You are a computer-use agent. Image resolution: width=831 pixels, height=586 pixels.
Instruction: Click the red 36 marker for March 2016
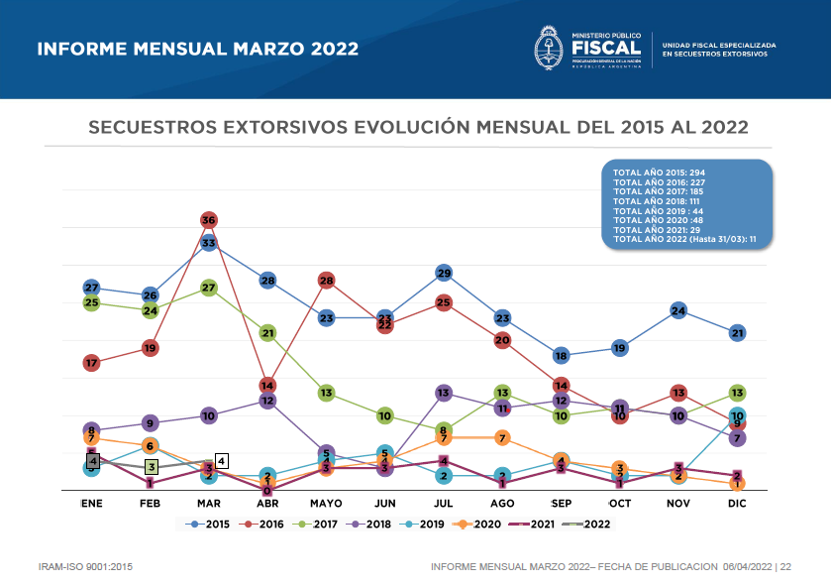(x=209, y=219)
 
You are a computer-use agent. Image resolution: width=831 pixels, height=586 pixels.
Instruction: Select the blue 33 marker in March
(x=209, y=242)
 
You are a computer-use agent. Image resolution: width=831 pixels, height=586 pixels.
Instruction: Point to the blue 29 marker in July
(x=444, y=273)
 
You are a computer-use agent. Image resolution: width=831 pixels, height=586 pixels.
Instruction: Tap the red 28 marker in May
(x=327, y=281)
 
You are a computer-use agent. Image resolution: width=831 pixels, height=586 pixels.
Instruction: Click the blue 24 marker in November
(x=678, y=311)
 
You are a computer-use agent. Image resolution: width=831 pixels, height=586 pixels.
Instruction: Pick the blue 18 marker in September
(x=561, y=356)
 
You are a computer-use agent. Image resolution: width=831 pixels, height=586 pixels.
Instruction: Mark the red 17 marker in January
(x=91, y=363)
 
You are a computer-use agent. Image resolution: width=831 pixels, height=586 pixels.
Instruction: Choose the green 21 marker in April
(x=267, y=333)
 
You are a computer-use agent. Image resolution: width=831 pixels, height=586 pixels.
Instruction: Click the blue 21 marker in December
(x=737, y=333)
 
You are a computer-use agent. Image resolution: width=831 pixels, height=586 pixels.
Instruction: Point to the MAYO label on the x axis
(x=326, y=504)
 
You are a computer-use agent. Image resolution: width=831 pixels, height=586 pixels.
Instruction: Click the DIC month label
(x=737, y=504)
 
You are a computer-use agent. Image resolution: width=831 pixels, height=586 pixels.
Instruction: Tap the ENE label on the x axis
(x=91, y=504)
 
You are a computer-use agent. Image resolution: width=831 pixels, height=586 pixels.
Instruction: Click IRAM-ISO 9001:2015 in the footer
(x=84, y=566)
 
